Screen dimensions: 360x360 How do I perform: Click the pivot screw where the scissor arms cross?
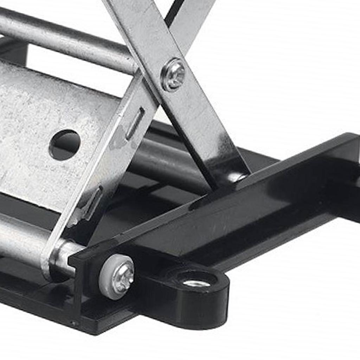173,75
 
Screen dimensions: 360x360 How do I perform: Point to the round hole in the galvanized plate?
65,144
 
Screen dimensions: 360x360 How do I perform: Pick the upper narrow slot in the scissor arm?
135,123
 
